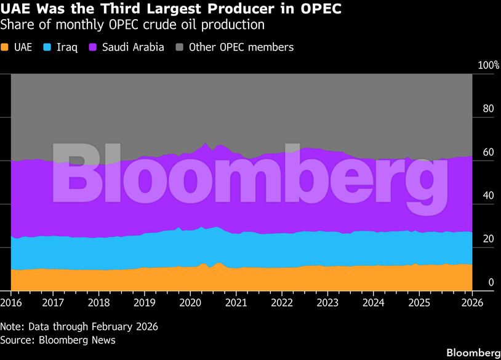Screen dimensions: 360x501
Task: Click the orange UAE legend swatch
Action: click(4, 47)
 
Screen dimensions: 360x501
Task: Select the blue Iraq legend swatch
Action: click(50, 47)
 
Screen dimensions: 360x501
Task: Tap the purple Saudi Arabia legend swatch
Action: click(94, 47)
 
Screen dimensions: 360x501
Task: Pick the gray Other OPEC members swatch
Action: click(180, 47)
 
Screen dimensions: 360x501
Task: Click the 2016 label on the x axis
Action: click(11, 303)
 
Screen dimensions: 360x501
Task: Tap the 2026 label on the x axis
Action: click(472, 303)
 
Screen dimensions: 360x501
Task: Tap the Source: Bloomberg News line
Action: click(58, 340)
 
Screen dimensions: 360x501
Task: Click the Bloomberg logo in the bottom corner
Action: click(473, 353)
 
